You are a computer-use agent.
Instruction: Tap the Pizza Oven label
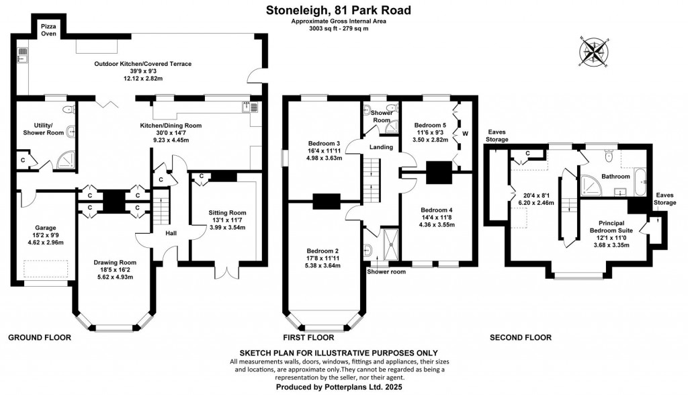click(48, 29)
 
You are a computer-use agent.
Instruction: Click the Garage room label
click(45, 228)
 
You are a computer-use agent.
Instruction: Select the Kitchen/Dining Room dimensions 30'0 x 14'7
click(171, 133)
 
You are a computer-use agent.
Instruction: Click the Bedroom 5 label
click(430, 125)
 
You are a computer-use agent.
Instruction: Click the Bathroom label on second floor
click(615, 177)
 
